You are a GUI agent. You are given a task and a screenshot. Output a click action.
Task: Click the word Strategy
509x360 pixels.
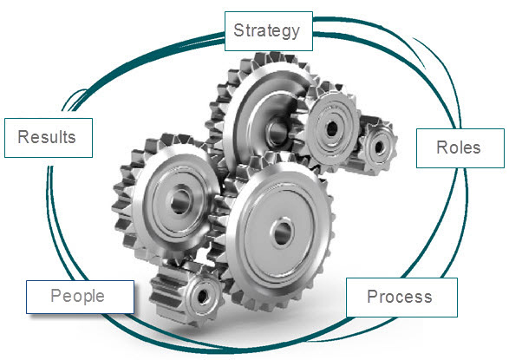click(266, 31)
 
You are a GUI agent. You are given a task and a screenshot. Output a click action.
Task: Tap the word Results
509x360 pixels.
click(47, 137)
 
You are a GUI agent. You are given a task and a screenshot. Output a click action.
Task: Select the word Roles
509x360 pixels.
click(459, 147)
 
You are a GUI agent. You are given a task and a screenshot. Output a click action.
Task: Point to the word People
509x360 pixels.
click(77, 297)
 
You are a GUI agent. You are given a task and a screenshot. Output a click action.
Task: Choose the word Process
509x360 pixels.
click(400, 297)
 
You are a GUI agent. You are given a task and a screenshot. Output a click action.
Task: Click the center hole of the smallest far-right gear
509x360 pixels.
click(379, 147)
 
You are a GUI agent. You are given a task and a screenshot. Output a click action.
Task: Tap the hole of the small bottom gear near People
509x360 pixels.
click(203, 296)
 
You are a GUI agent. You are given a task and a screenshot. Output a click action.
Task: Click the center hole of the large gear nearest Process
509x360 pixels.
click(282, 232)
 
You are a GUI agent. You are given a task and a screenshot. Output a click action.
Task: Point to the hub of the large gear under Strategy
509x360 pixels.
click(277, 132)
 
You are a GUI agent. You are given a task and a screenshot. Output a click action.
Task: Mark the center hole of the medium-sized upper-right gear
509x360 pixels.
click(332, 129)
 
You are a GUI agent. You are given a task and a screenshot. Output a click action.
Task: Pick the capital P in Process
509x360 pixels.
click(373, 297)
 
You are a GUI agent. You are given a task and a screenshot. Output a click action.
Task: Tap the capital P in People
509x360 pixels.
click(56, 295)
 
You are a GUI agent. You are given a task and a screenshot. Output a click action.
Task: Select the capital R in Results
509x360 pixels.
click(23, 137)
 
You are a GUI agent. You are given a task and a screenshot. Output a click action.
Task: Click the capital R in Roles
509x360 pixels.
click(442, 147)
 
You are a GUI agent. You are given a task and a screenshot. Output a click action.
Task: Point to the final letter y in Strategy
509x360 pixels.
click(295, 34)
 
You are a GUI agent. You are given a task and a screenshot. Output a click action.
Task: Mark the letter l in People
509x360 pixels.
click(92, 295)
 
